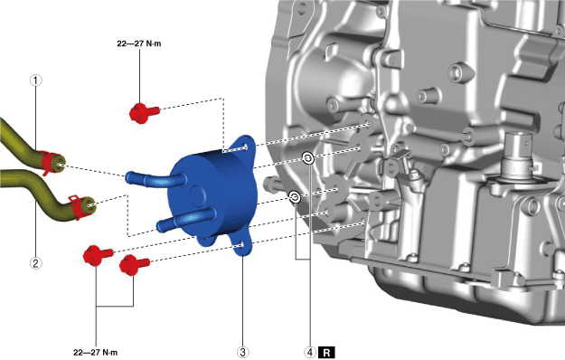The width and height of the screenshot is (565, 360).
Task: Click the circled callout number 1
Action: click(x=35, y=80)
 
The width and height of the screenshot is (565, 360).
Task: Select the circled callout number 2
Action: click(x=35, y=263)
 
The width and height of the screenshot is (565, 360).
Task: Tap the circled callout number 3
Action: click(x=242, y=352)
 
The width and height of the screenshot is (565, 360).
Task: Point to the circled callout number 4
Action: click(x=310, y=352)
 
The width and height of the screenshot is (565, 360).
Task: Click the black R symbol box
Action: click(x=326, y=353)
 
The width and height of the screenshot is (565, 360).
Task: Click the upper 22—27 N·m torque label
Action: click(x=139, y=43)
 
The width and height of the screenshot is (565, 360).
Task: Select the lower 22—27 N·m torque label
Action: click(x=96, y=353)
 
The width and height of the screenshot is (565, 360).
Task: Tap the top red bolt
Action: click(x=144, y=112)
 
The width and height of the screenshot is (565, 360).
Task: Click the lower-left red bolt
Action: click(x=98, y=255)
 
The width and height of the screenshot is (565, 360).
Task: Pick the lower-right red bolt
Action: click(x=134, y=264)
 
